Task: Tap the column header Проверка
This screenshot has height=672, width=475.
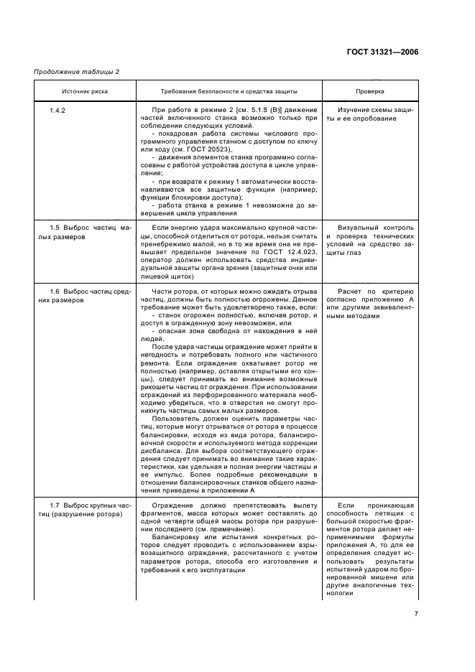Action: coord(370,91)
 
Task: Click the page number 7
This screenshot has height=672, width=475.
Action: coord(436,612)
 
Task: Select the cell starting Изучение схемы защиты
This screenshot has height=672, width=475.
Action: coord(369,114)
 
